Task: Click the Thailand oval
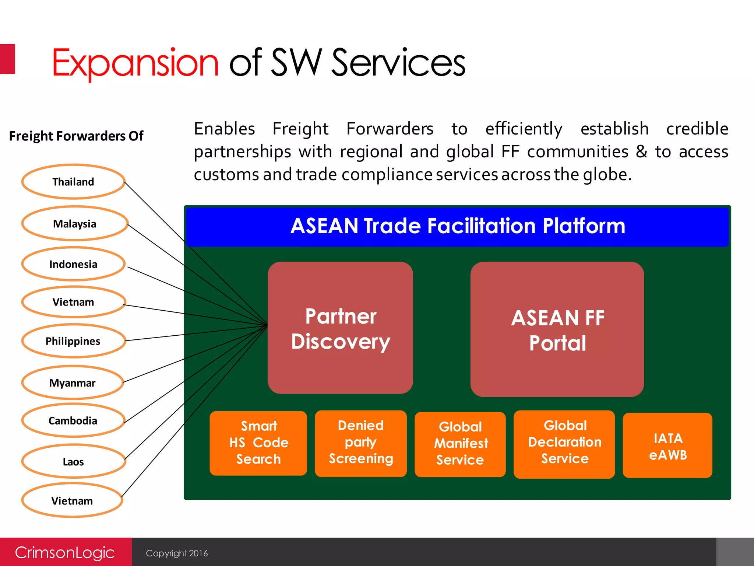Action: pos(73,182)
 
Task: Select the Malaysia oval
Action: pos(74,224)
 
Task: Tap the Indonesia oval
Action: pos(73,264)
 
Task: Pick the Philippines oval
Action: pos(73,341)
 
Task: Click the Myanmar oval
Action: pos(73,383)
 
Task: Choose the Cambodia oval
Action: pos(73,420)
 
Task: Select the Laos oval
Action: pos(73,461)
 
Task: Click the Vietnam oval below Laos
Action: pos(72,500)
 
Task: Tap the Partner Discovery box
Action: pos(340,328)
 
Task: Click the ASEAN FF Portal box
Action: pos(557,329)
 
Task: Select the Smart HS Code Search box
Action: pos(258,443)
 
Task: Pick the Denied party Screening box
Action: pos(361,443)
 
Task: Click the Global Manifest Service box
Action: pos(460,444)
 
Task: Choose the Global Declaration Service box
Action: pos(564,444)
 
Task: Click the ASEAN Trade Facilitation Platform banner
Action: pos(457,226)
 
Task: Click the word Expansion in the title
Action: pos(135,63)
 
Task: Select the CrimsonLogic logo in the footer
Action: pos(65,552)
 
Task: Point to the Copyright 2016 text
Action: pos(177,553)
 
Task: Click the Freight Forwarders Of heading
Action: pos(76,136)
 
